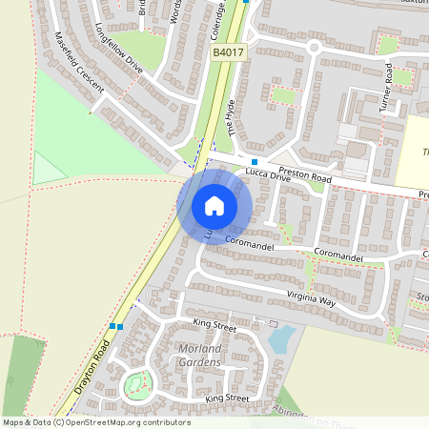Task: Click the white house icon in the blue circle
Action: (x=214, y=205)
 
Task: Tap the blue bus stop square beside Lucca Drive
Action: (x=254, y=162)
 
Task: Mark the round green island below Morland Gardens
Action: (x=137, y=386)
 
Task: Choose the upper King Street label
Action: (x=214, y=327)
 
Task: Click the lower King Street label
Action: (x=226, y=398)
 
